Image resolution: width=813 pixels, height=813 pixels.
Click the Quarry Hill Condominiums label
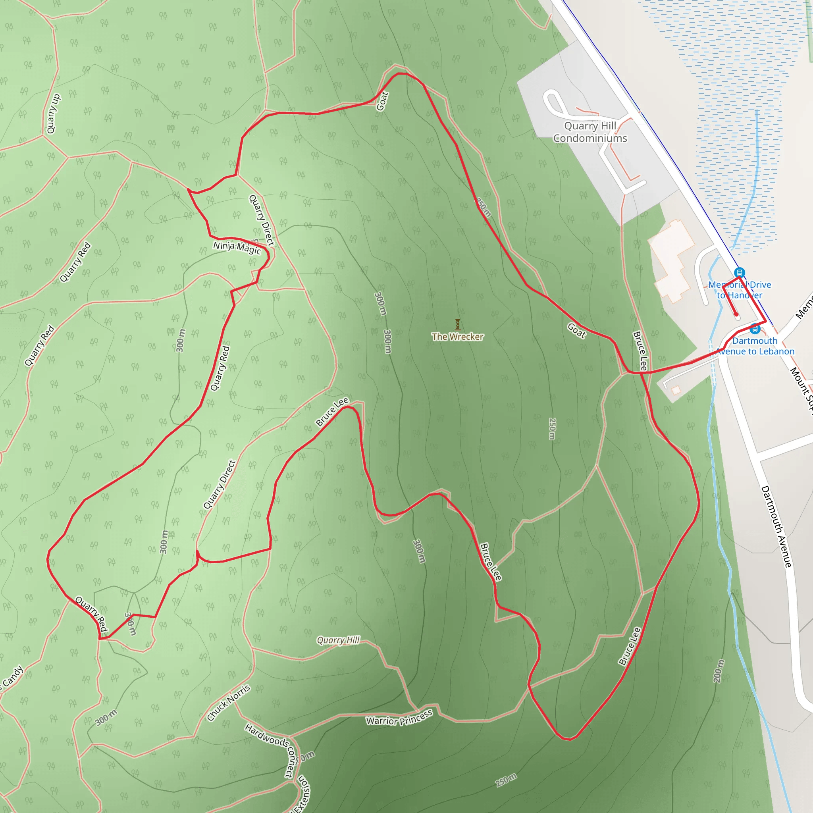tap(590, 132)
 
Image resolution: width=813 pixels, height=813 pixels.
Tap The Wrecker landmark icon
tap(457, 324)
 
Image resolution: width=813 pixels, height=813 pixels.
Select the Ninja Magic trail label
tap(237, 247)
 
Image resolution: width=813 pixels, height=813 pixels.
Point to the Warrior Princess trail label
tap(399, 717)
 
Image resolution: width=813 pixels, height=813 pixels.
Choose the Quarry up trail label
tap(54, 114)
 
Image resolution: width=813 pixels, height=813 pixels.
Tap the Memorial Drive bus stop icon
tap(739, 273)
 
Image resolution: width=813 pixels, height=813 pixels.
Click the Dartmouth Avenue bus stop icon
tap(755, 329)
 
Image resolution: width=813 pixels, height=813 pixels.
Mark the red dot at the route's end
tap(736, 314)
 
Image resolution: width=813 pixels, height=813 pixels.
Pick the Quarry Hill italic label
tap(338, 640)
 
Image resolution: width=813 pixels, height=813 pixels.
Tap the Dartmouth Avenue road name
tap(776, 526)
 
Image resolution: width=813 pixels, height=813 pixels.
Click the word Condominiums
tap(590, 139)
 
